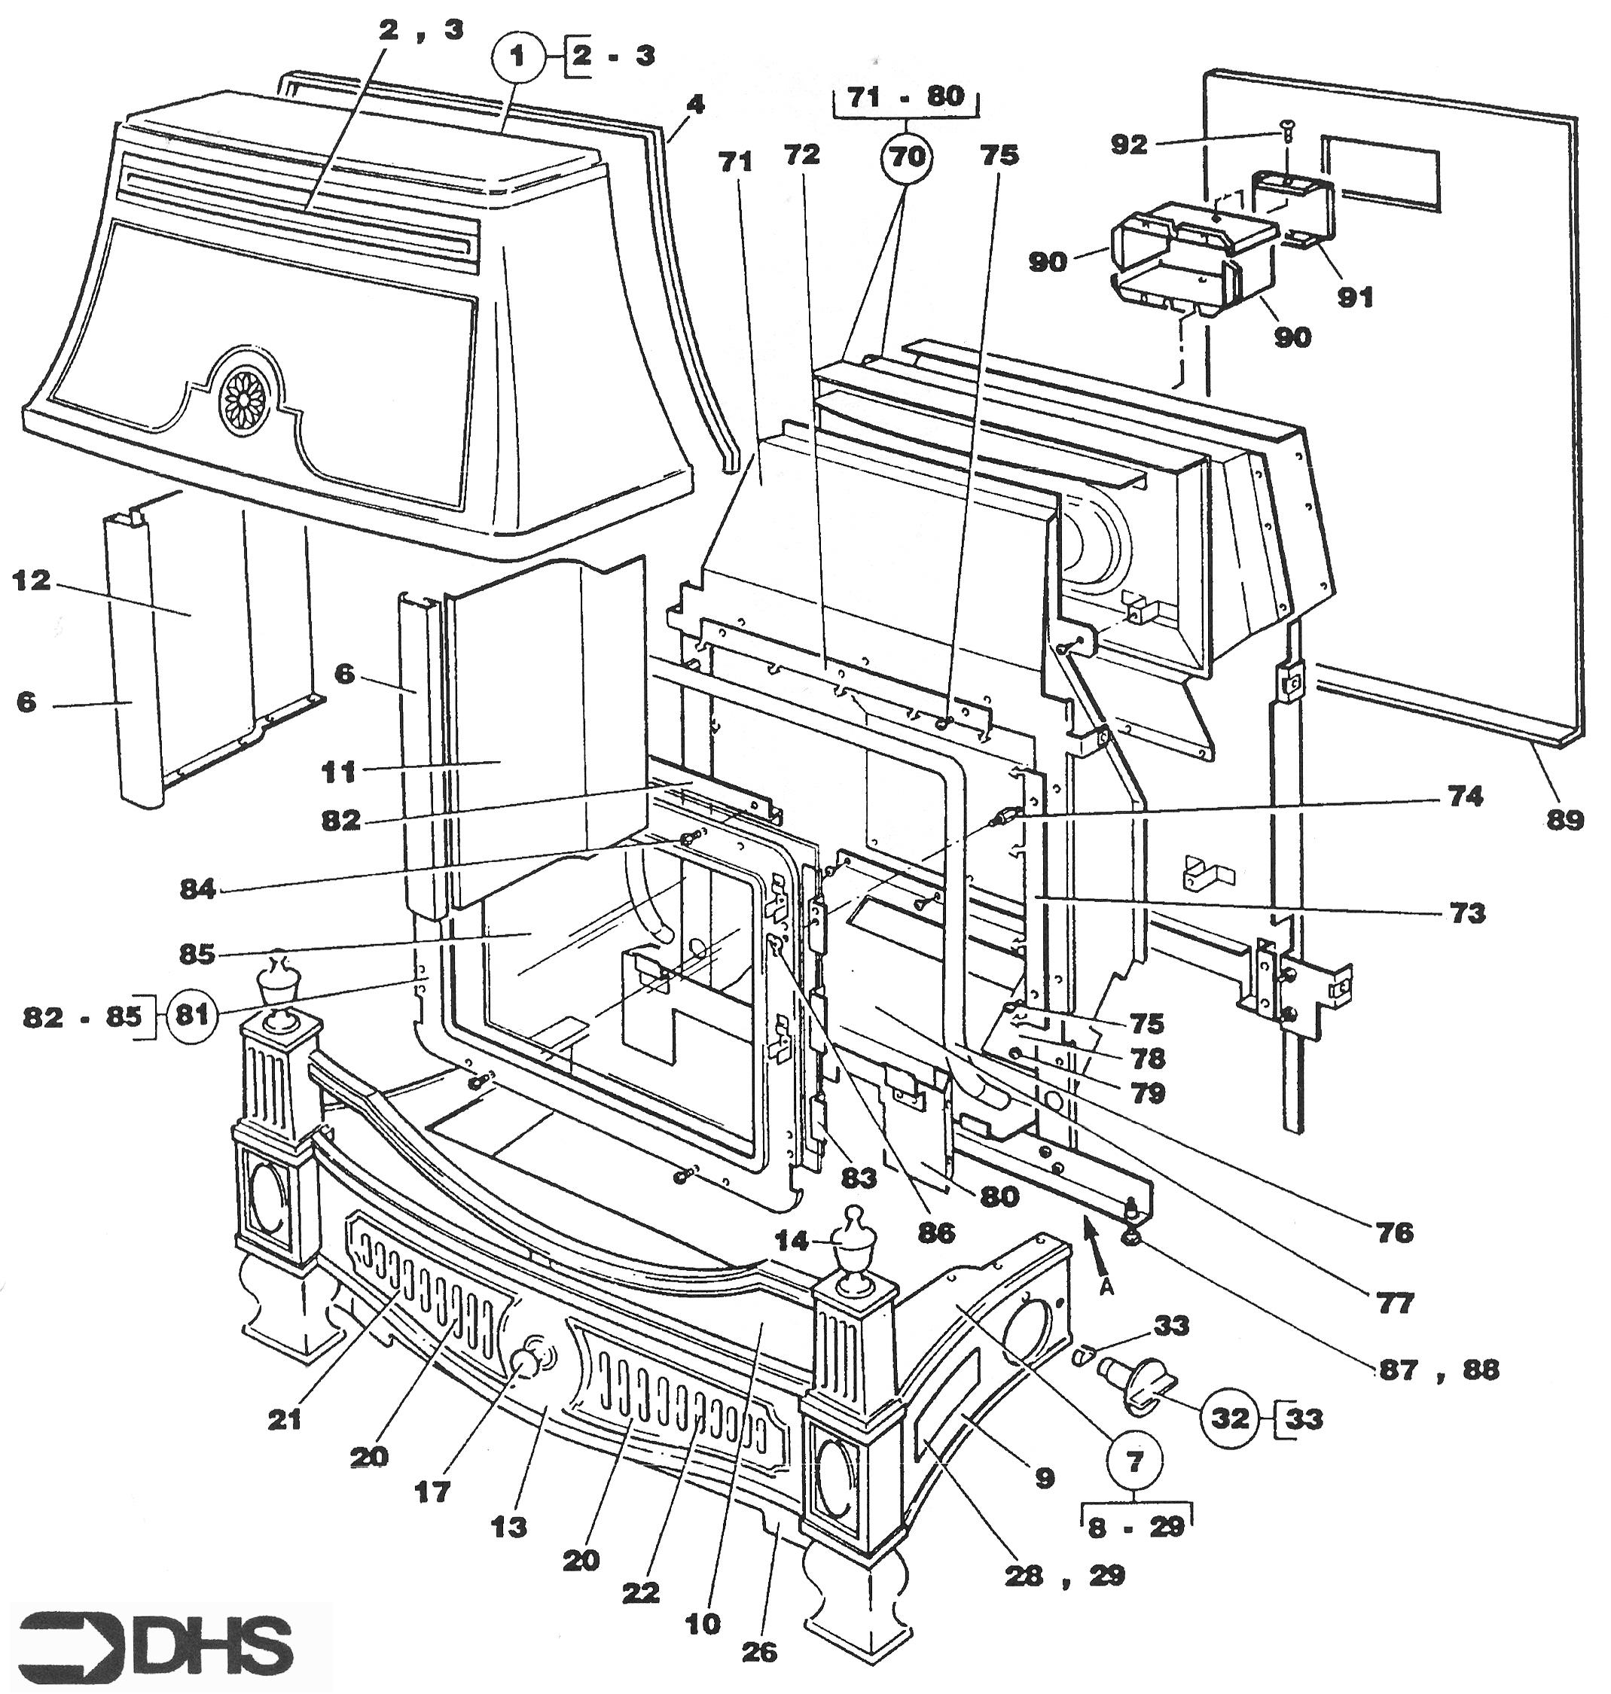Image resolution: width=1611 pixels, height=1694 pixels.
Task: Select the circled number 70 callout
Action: [x=908, y=157]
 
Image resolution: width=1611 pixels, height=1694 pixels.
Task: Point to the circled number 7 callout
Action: [x=1135, y=1461]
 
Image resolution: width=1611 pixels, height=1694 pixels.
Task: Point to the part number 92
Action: [x=1128, y=145]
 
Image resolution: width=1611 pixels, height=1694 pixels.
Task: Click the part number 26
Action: [x=759, y=1652]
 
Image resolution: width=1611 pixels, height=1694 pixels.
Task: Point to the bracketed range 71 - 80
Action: [x=907, y=96]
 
